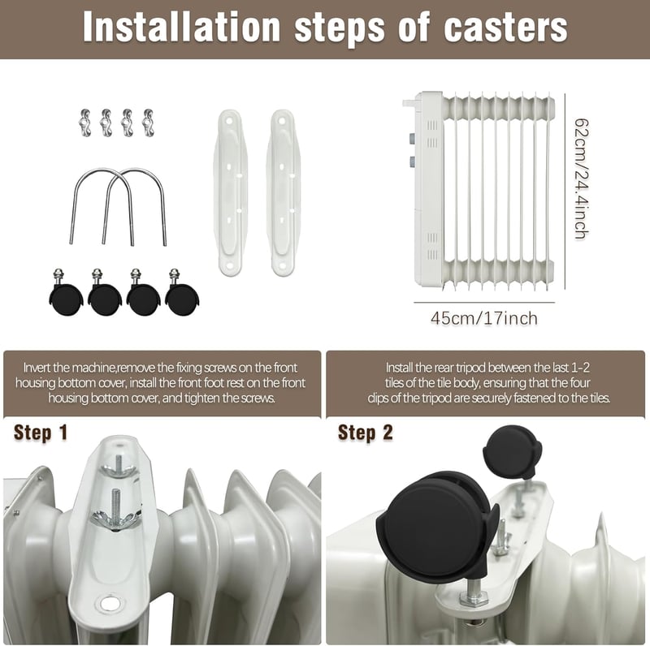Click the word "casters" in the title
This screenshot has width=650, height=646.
(x=505, y=28)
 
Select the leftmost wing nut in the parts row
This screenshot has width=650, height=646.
(x=85, y=123)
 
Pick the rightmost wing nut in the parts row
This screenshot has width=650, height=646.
(x=148, y=123)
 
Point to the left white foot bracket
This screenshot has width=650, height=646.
(x=230, y=192)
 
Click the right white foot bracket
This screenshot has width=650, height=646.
(x=283, y=192)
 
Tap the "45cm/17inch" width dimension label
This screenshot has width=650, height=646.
(x=484, y=318)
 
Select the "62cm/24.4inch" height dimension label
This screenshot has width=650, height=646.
(x=581, y=179)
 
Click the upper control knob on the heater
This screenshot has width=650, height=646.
(x=412, y=138)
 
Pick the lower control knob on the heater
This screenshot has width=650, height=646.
(x=412, y=161)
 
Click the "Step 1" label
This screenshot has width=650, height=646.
(x=40, y=433)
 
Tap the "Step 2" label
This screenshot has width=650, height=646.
(x=365, y=433)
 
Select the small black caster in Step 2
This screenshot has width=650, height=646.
(x=513, y=452)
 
